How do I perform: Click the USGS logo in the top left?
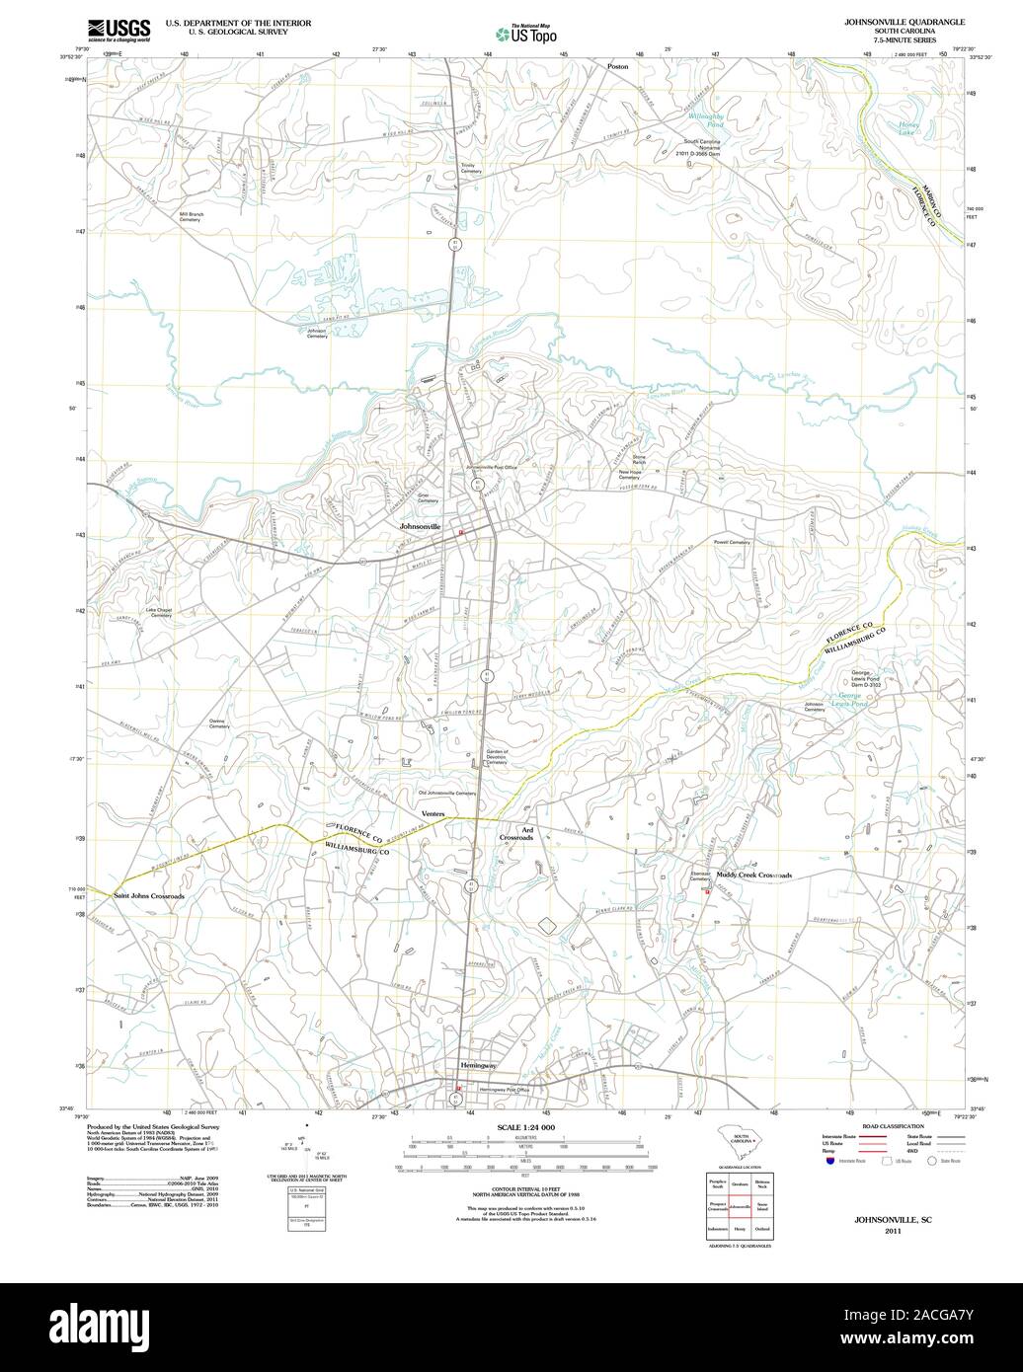pyautogui.click(x=119, y=31)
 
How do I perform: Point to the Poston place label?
pyautogui.click(x=617, y=66)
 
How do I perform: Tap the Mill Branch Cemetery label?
pyautogui.click(x=191, y=216)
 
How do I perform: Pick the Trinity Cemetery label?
pyautogui.click(x=470, y=168)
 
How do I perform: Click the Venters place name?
pyautogui.click(x=434, y=813)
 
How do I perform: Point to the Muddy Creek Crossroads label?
pyautogui.click(x=753, y=875)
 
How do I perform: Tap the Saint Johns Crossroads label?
pyautogui.click(x=148, y=895)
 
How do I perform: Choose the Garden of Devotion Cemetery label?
pyautogui.click(x=469, y=757)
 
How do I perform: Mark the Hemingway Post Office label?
pyautogui.click(x=505, y=1090)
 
